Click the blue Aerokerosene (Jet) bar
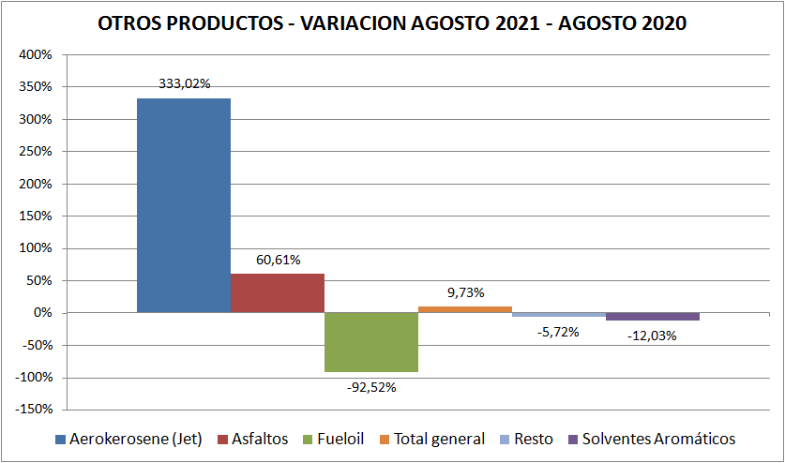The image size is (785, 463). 184,205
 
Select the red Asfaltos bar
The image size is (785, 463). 278,292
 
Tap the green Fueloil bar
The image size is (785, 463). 371,342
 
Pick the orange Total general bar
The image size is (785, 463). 465,309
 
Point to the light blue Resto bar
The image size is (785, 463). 559,315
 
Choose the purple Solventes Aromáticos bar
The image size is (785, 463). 653,317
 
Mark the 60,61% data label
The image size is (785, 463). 277,260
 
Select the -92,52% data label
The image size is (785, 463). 371,385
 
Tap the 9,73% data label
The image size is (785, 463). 465,292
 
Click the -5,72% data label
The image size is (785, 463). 559,331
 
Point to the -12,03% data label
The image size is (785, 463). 652,336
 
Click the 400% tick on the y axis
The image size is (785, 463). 37,54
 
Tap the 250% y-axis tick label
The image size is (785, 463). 37,152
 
